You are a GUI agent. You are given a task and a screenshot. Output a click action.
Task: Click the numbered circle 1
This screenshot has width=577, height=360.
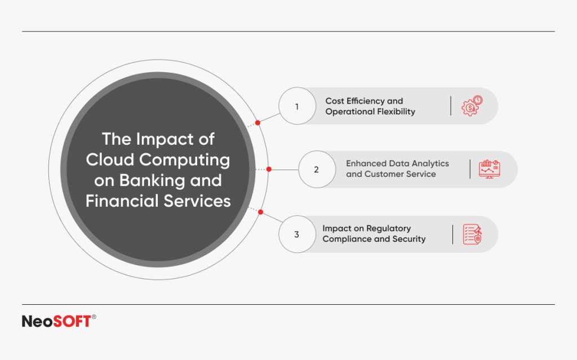[297, 106]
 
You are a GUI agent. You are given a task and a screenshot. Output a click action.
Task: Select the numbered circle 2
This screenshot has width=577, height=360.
[316, 169]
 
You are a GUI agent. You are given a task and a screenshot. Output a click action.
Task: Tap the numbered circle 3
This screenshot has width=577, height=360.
[297, 234]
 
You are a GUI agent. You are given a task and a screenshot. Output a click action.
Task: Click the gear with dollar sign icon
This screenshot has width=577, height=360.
[472, 106]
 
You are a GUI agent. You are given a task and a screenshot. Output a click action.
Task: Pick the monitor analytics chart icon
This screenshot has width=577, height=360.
[489, 169]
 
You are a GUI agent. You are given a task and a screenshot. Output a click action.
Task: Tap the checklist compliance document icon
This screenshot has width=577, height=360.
[472, 234]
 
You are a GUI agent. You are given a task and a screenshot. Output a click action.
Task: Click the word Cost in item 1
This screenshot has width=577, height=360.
[334, 101]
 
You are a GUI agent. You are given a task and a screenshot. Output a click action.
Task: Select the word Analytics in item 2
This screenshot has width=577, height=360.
[429, 163]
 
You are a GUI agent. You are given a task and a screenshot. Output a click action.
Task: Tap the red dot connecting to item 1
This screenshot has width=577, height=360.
[258, 122]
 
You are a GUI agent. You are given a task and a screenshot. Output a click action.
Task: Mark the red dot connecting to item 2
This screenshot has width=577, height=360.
[269, 169]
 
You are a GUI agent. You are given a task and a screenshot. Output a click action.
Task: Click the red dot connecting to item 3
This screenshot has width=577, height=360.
[260, 212]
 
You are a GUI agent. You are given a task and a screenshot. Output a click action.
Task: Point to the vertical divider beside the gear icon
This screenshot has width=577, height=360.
[451, 106]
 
